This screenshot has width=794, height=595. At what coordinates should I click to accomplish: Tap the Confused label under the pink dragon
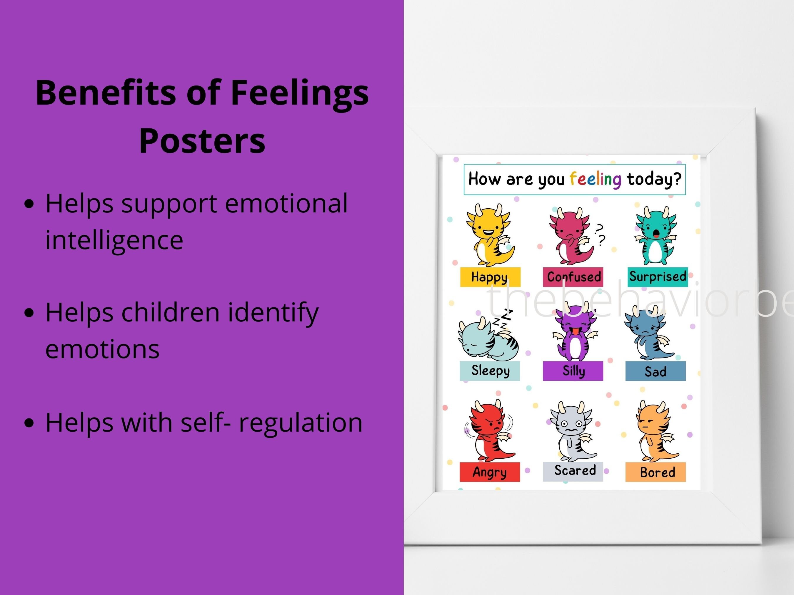tap(573, 277)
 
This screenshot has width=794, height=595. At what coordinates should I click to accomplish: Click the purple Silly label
tap(573, 371)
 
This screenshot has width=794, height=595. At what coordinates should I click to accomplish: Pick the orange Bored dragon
tap(655, 433)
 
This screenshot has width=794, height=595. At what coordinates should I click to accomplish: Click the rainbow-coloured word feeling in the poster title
tap(595, 179)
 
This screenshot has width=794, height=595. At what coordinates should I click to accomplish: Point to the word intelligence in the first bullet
tap(114, 240)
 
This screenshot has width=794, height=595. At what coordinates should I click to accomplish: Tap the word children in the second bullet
tap(171, 312)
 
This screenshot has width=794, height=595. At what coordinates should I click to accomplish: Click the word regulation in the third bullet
tap(301, 422)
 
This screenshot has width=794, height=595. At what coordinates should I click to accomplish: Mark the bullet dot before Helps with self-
tap(29, 423)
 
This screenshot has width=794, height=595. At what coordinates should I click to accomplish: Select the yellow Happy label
tap(490, 277)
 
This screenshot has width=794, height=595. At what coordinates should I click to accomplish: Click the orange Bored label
tap(655, 472)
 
